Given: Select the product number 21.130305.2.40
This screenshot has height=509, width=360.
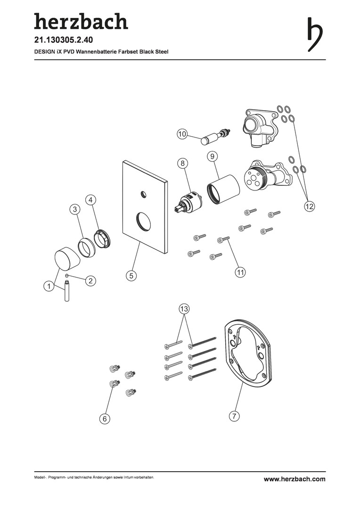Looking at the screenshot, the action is tap(64, 40).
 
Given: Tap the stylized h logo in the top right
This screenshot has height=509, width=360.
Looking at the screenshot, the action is tap(315, 34).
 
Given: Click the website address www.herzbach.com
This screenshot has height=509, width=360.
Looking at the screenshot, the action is tap(295, 479).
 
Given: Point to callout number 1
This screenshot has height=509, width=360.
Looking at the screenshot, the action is tap(49, 286).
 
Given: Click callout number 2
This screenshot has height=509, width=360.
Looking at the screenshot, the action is tap(90, 280).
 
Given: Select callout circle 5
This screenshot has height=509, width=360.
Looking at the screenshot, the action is tap(131, 276).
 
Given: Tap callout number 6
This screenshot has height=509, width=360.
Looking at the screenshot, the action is tap(105, 419).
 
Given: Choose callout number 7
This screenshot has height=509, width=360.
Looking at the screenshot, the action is tap(234, 416).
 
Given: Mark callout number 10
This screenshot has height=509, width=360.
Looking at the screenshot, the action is tap(182, 134).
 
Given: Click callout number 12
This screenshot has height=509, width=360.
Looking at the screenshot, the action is tap(310, 206).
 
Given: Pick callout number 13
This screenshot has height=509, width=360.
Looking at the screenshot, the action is tap(184, 309).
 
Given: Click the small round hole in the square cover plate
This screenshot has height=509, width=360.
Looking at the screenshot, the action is tap(142, 194).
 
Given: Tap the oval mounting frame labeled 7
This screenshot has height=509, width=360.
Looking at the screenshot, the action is tap(247, 354).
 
